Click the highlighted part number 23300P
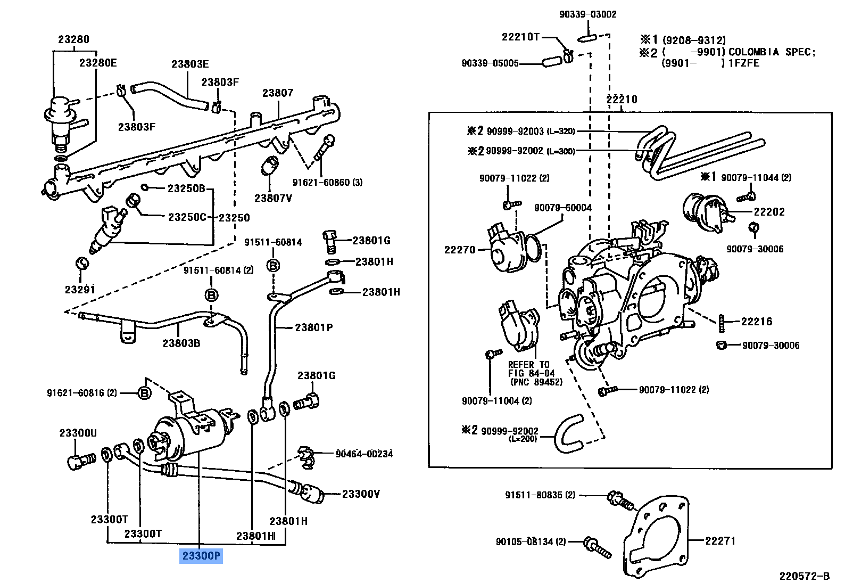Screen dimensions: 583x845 201,556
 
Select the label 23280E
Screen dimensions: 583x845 97,63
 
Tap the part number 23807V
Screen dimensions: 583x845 273,198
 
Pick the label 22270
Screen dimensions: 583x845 459,250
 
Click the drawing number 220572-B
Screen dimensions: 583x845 804,576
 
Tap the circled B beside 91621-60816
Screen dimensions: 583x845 144,393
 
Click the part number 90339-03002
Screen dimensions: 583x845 587,14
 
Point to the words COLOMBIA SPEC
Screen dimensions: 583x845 771,52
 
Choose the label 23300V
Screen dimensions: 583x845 361,494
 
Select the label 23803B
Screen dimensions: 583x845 181,343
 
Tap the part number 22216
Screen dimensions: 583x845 756,322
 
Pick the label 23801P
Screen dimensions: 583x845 313,327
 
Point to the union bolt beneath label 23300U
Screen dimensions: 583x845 80,460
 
